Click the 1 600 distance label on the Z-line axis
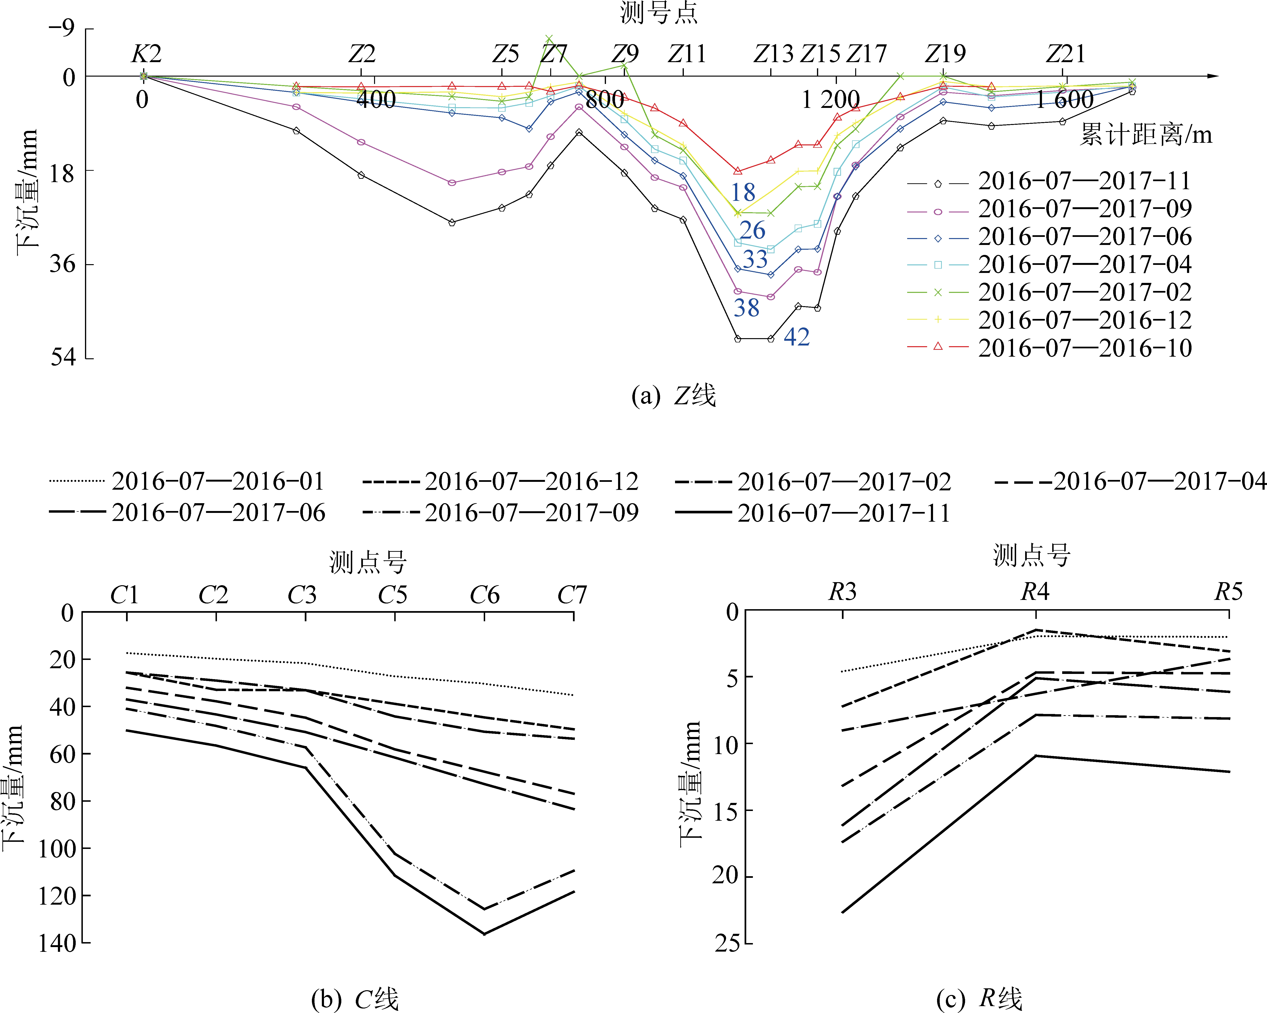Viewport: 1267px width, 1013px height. (1064, 100)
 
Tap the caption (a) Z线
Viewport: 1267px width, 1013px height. (673, 396)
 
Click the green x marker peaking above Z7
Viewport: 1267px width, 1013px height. (549, 39)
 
